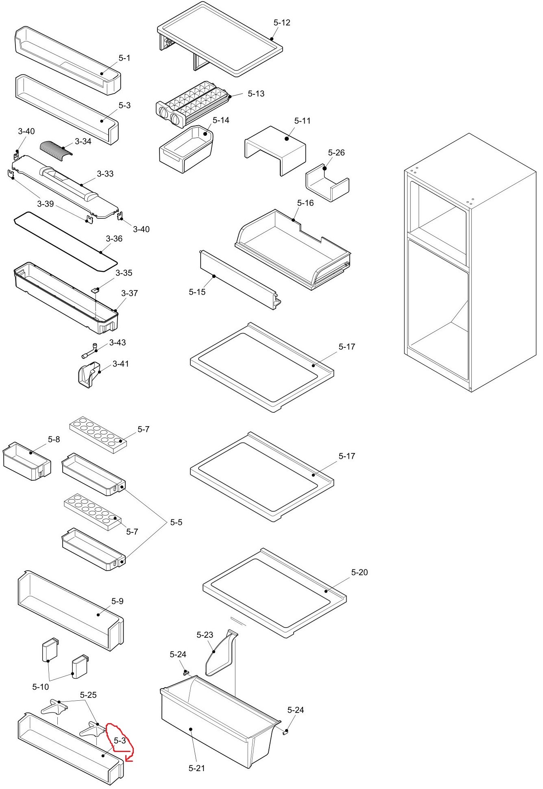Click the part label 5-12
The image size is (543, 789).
tap(282, 23)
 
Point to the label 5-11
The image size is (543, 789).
tap(302, 121)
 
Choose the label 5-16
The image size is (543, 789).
tap(305, 203)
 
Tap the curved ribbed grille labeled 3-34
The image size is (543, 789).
tap(56, 148)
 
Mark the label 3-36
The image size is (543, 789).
tap(114, 239)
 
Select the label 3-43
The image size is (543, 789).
tap(118, 342)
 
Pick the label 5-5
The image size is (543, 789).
tap(176, 522)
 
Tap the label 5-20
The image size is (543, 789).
tap(359, 572)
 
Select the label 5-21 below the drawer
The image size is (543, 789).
tap(197, 768)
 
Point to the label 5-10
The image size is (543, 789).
tap(41, 687)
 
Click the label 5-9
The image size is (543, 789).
tap(117, 601)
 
